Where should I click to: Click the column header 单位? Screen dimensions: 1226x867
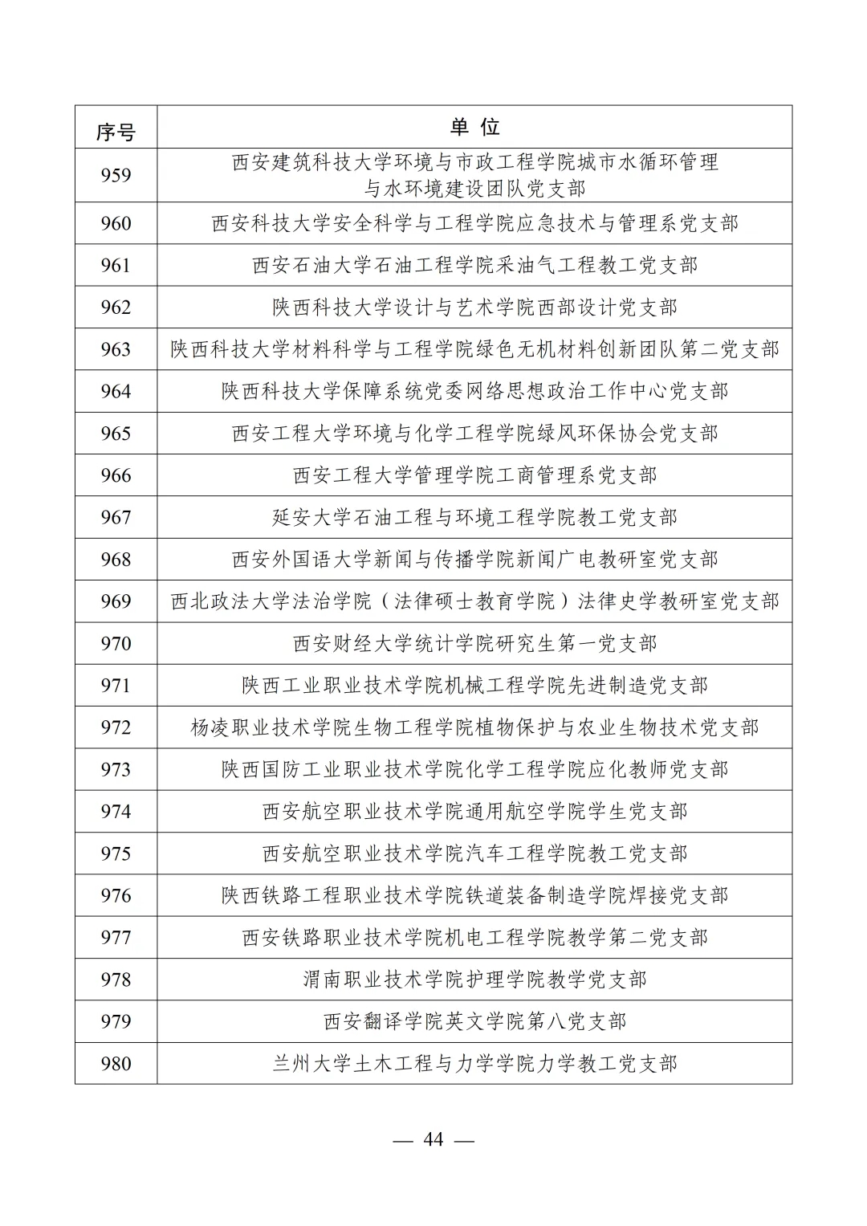474,127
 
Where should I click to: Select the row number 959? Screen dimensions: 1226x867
116,175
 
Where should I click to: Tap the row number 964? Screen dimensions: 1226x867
116,392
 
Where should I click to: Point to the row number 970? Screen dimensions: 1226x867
116,644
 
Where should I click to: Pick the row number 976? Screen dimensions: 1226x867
116,896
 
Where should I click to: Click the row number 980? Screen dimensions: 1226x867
116,1064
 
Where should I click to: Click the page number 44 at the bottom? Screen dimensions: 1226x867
433,1140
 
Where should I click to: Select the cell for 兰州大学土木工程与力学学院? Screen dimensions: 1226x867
474,1064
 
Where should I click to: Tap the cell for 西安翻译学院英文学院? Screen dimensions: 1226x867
474,1021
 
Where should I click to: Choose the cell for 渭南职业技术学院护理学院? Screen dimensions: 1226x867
474,980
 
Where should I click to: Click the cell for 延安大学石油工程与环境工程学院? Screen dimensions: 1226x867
474,518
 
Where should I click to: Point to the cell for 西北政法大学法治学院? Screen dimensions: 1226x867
474,601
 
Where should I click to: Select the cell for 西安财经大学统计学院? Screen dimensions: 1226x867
474,644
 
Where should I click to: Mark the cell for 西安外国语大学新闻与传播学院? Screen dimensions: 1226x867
474,560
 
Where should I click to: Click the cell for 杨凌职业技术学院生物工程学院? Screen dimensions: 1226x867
474,727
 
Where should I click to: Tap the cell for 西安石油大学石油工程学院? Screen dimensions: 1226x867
474,266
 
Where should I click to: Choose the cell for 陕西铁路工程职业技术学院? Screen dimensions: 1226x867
474,896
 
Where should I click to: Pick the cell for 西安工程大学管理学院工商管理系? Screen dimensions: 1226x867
474,475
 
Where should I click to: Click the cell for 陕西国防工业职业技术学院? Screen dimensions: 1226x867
474,770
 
